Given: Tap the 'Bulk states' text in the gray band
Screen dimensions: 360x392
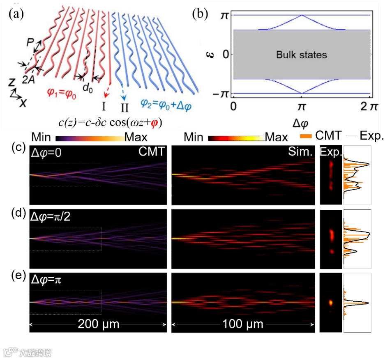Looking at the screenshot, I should [x=301, y=55].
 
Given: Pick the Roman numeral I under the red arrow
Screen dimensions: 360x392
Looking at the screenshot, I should [x=104, y=108].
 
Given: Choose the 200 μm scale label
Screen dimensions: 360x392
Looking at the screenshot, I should [x=99, y=324].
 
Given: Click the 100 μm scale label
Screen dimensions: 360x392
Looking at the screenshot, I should [x=243, y=324].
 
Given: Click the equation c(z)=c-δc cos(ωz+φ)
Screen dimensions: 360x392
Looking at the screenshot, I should [x=112, y=122].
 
